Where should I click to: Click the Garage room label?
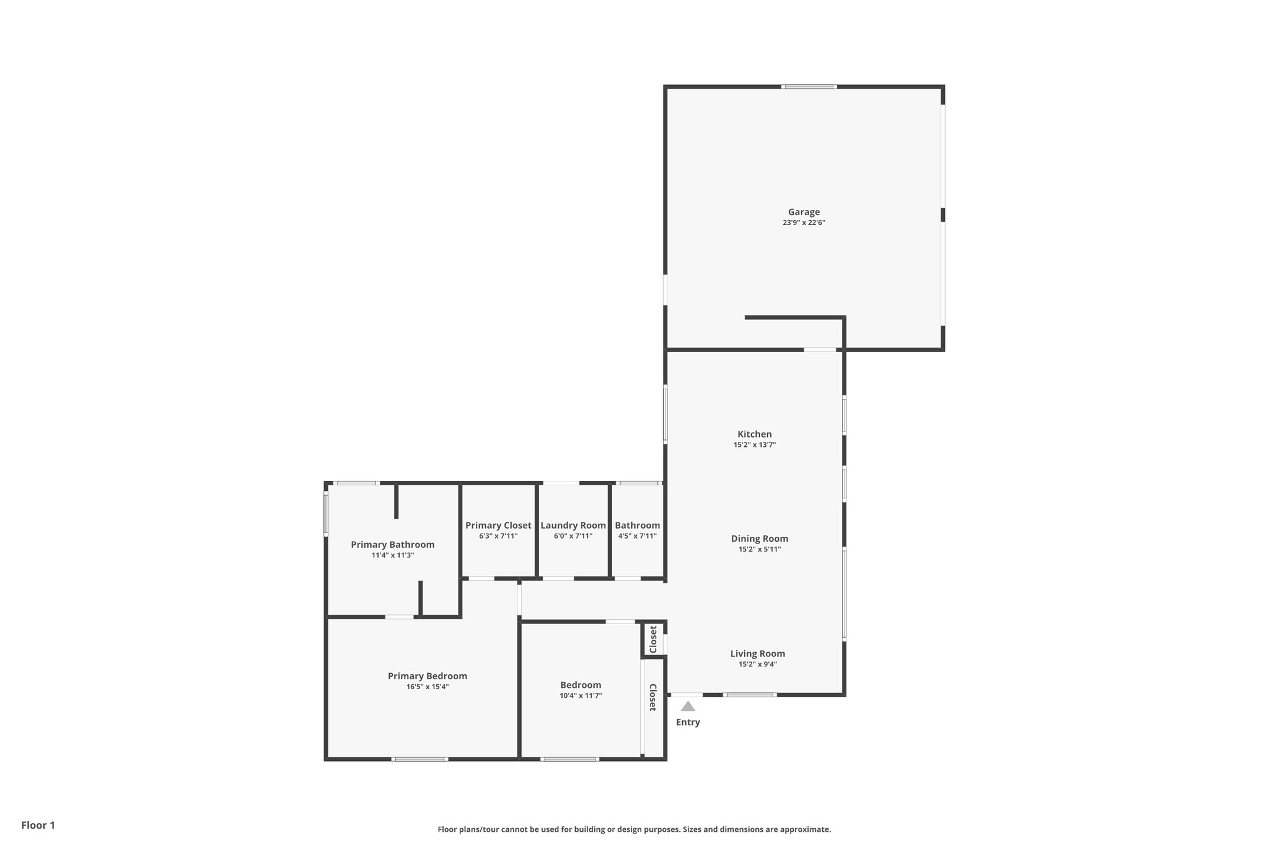(804, 212)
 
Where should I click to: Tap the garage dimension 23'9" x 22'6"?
(804, 223)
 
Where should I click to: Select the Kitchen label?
(754, 434)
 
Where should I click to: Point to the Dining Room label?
(759, 539)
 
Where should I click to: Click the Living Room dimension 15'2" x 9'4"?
(758, 664)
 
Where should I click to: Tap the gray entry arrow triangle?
(688, 706)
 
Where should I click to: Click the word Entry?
(688, 722)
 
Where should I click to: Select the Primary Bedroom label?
(427, 676)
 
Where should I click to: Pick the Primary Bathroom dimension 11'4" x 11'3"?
(392, 555)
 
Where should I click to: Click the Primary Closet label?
(498, 526)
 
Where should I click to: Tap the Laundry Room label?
(573, 526)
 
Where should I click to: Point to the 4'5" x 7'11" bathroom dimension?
(637, 536)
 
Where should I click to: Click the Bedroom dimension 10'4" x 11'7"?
(581, 696)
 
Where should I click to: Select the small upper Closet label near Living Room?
(652, 639)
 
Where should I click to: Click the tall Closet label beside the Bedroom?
(652, 697)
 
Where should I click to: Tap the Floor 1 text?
(38, 825)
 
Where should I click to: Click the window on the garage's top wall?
(809, 87)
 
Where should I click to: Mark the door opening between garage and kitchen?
(820, 350)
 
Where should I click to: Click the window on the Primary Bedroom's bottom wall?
(419, 759)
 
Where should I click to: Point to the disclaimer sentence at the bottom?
(634, 829)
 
